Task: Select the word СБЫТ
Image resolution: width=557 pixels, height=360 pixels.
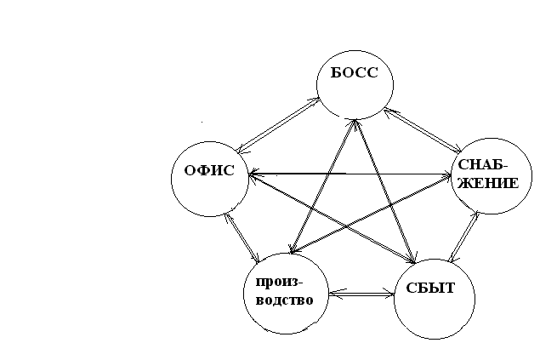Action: click(430, 288)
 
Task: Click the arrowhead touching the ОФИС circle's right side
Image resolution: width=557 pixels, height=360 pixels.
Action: click(253, 174)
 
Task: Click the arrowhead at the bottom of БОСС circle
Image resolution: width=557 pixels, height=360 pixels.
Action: click(355, 121)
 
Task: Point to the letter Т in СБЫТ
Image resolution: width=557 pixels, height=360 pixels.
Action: click(448, 288)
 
